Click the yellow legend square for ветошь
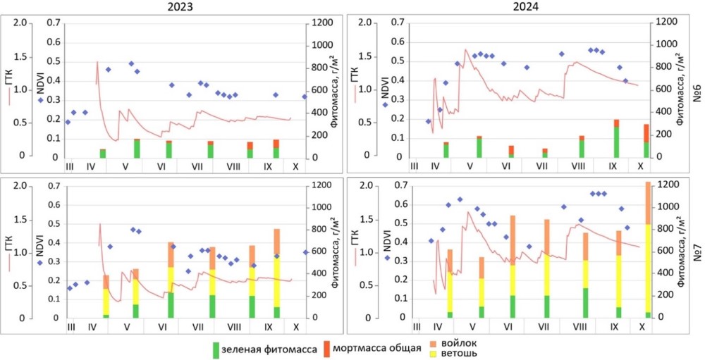click(x=433, y=353)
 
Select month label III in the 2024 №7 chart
click(x=417, y=327)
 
